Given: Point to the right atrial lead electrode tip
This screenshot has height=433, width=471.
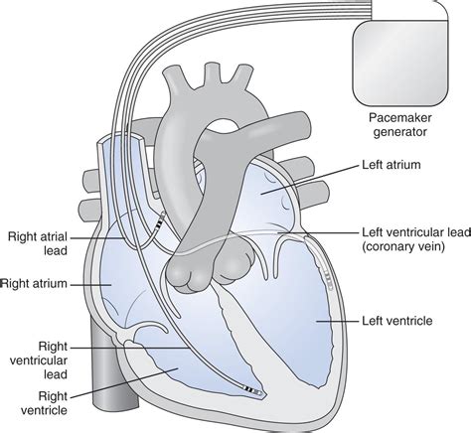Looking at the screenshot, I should pyautogui.click(x=161, y=215).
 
